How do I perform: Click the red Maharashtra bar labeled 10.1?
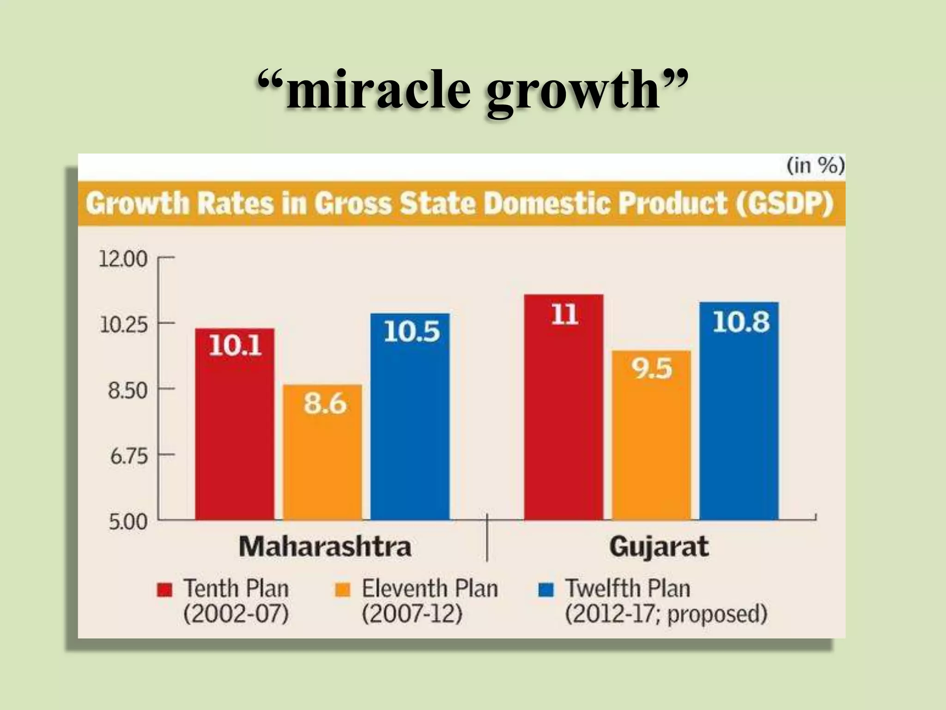click(235, 424)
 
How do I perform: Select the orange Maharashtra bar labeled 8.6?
click(322, 452)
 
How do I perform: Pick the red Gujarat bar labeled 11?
click(564, 407)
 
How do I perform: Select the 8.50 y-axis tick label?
click(127, 391)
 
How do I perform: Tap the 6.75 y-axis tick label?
click(128, 457)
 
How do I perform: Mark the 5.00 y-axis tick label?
click(127, 522)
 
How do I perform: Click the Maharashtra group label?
click(325, 546)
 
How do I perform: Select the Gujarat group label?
click(659, 547)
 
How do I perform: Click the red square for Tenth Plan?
click(164, 590)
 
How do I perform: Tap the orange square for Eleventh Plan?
click(343, 590)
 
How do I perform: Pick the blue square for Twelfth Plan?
click(546, 590)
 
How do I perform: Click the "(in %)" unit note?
click(815, 165)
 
